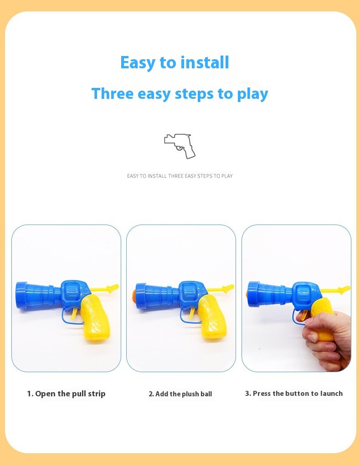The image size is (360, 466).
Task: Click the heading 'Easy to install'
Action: (x=175, y=62)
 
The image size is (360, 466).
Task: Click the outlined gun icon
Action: (x=180, y=145)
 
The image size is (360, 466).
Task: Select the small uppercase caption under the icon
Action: (x=180, y=176)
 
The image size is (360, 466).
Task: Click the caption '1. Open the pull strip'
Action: (x=66, y=394)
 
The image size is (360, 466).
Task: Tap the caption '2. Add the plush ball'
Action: (x=180, y=394)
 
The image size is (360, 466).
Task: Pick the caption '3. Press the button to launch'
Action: (x=293, y=394)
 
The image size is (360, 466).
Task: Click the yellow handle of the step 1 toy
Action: (x=97, y=317)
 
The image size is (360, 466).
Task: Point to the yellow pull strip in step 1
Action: (x=106, y=288)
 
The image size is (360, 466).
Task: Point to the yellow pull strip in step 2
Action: (x=222, y=288)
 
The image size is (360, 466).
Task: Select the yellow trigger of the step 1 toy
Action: (x=74, y=312)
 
